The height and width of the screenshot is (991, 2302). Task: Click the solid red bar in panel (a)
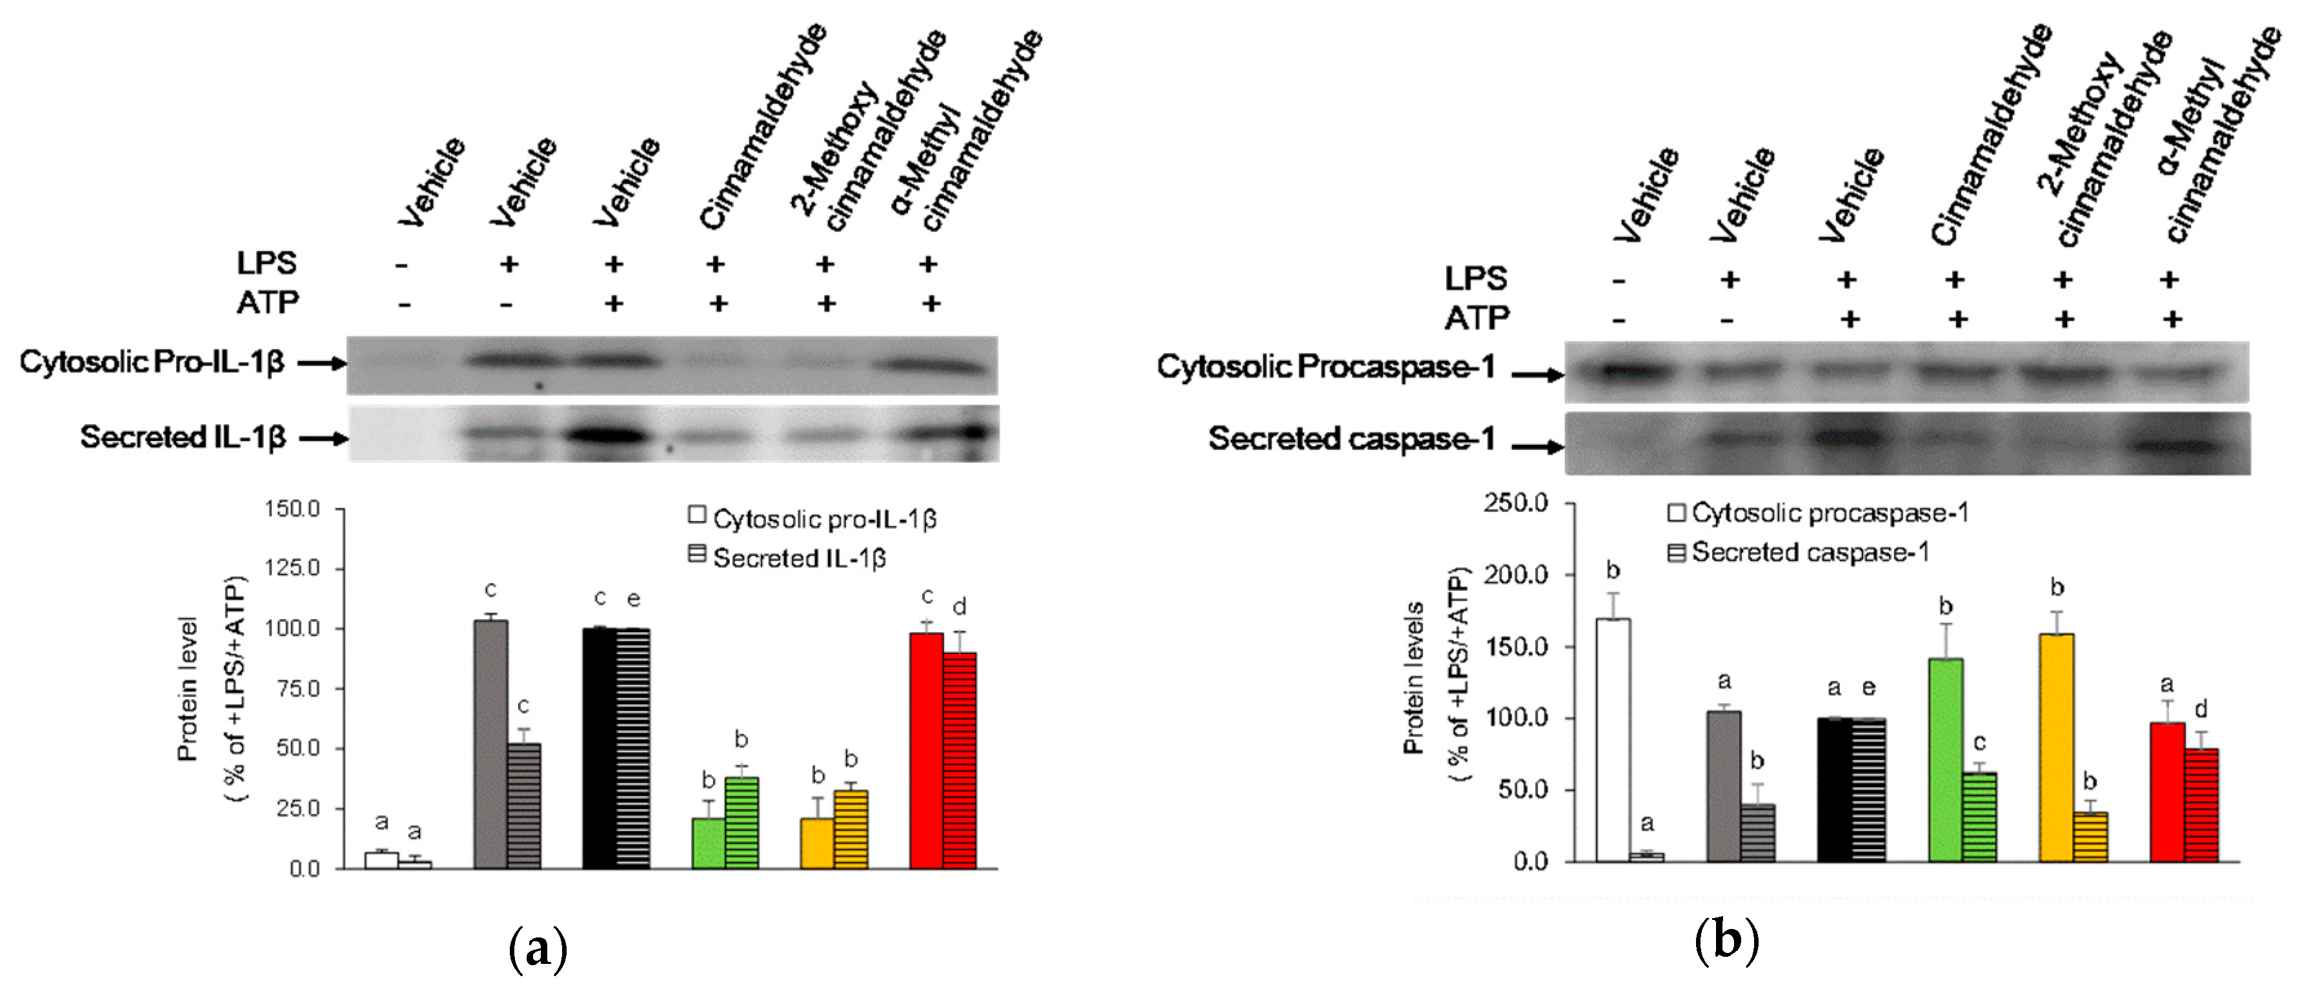tap(926, 751)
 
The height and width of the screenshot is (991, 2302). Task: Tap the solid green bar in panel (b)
tap(1946, 760)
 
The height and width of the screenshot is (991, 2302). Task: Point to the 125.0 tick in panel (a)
tap(292, 568)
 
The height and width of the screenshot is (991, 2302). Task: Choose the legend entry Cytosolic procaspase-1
tap(1819, 513)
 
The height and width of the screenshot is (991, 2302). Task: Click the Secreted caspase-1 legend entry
tap(1799, 552)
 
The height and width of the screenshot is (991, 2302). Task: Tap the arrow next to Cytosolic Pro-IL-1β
tap(321, 363)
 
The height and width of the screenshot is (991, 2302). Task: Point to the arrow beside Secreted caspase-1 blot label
tap(1537, 447)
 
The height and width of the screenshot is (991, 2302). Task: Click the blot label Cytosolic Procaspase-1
tap(1326, 366)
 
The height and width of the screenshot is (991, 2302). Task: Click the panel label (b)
tap(1726, 940)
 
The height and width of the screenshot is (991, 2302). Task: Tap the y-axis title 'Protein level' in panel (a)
tap(187, 689)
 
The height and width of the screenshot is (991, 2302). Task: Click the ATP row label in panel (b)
tap(1477, 318)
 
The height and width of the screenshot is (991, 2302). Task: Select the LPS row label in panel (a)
tap(267, 263)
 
